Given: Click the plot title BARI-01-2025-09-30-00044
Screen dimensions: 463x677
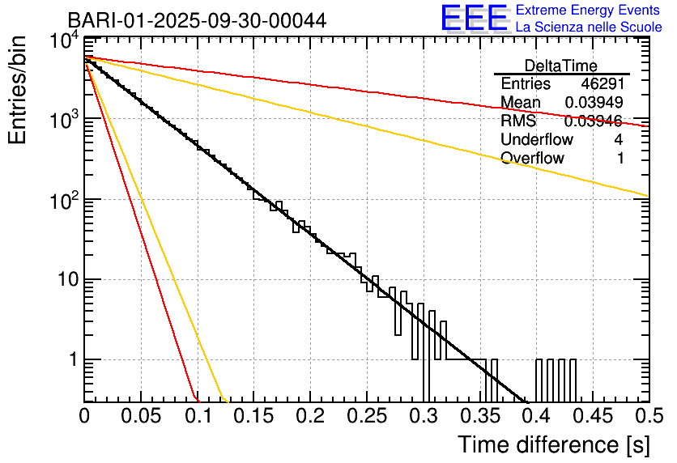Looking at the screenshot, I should pyautogui.click(x=197, y=20).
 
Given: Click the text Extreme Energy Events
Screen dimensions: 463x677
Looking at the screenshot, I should pyautogui.click(x=588, y=11).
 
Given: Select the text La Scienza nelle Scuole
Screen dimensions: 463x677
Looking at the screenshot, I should pyautogui.click(x=588, y=28).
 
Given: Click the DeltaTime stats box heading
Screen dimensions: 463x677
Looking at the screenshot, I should pyautogui.click(x=561, y=66).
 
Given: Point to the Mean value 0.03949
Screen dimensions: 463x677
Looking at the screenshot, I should pyautogui.click(x=594, y=103).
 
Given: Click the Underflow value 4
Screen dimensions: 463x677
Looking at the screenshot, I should pyautogui.click(x=618, y=140).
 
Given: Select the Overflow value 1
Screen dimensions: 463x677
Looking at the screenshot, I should pyautogui.click(x=620, y=159).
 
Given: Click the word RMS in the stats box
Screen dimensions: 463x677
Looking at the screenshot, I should pyautogui.click(x=518, y=121).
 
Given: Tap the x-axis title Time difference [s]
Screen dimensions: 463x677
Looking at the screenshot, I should pyautogui.click(x=552, y=444).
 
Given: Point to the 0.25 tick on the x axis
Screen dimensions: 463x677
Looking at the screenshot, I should pyautogui.click(x=365, y=417).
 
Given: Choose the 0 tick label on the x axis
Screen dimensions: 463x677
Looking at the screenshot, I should pyautogui.click(x=83, y=417).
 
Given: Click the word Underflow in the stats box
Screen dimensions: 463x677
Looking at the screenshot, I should pyautogui.click(x=536, y=140).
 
